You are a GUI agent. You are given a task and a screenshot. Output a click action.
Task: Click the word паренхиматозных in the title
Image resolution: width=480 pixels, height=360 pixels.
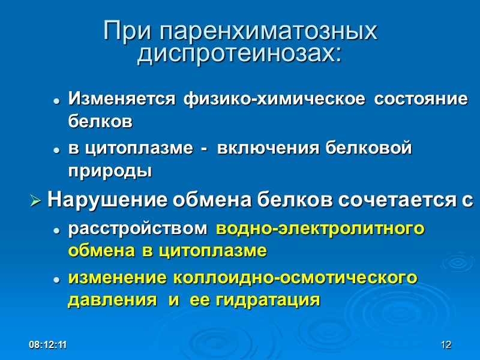(269, 31)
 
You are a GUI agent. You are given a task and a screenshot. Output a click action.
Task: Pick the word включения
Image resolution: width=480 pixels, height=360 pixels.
(263, 148)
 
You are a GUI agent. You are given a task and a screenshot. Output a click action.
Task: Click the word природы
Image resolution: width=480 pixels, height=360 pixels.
(110, 172)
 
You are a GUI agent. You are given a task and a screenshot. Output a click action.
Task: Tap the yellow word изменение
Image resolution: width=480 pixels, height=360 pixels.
(118, 278)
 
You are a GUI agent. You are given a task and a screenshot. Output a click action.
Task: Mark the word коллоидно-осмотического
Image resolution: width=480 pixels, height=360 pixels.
(295, 278)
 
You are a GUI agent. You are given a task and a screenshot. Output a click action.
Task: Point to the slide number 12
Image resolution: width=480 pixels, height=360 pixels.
(445, 345)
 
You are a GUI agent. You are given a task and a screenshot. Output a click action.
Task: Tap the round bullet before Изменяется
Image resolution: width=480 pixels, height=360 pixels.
(56, 101)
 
